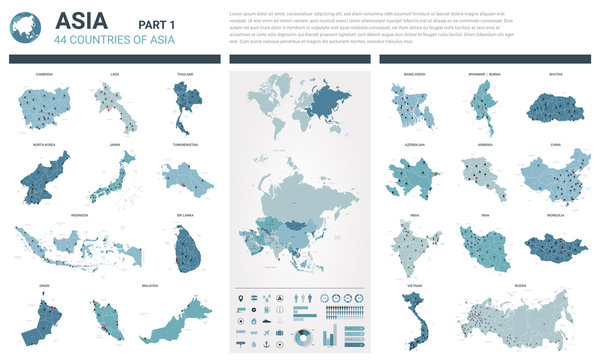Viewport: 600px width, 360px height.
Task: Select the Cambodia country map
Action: (43, 107)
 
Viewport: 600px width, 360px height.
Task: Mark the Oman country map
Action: (43, 318)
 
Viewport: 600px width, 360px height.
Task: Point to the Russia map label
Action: (520, 284)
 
